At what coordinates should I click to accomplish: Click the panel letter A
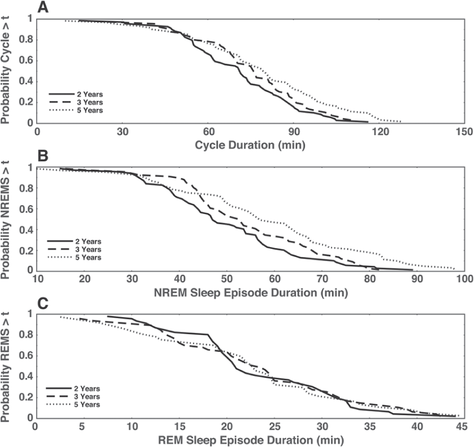pos(43,7)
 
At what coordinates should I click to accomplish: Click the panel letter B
pos(43,155)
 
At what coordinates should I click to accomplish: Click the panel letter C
pos(43,303)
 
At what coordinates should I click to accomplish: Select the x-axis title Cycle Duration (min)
pos(250,145)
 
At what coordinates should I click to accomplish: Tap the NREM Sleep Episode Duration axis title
pos(251,293)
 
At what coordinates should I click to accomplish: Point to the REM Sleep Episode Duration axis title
pos(251,440)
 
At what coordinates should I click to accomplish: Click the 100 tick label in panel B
pos(464,279)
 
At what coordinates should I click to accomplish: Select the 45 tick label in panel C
pos(464,427)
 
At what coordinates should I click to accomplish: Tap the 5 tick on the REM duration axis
pos(82,427)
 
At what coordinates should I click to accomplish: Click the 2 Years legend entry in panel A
pos(76,95)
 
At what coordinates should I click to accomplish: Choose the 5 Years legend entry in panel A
pos(76,111)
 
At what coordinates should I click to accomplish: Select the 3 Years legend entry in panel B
pos(74,249)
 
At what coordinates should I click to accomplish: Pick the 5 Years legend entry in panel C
pos(73,405)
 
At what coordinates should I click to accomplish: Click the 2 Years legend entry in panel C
pos(73,389)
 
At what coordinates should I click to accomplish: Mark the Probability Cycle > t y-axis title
pos(5,69)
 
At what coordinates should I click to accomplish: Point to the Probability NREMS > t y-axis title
pos(5,220)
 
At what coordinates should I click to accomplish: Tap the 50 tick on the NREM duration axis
pos(227,279)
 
